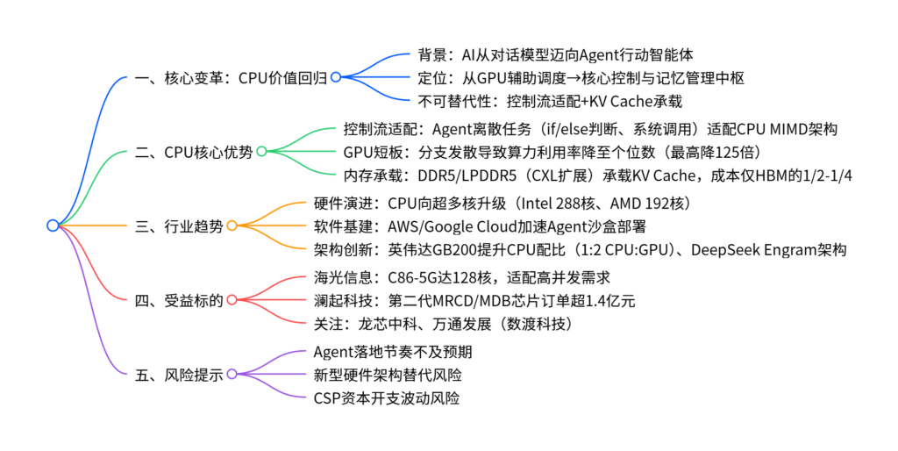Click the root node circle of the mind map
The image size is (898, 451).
(53, 225)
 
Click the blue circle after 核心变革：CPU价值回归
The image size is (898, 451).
(335, 78)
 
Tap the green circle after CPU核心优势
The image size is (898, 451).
(260, 152)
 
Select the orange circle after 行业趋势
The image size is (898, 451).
(232, 225)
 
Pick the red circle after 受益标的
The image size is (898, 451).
(232, 299)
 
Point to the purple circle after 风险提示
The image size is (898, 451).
(232, 374)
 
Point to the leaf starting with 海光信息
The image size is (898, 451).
(461, 277)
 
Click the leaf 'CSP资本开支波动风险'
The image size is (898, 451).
(386, 398)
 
